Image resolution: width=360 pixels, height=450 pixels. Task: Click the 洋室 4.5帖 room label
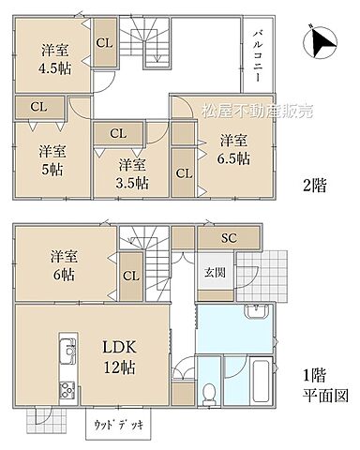pyautogui.click(x=54, y=58)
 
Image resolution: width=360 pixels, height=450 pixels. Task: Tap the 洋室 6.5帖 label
pyautogui.click(x=234, y=149)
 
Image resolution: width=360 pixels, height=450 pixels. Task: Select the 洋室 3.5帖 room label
pyautogui.click(x=134, y=172)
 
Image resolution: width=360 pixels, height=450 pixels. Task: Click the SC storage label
pyautogui.click(x=230, y=237)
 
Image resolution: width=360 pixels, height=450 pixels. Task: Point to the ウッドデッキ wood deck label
pyautogui.click(x=116, y=424)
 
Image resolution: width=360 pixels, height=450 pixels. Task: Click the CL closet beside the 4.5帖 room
pyautogui.click(x=105, y=44)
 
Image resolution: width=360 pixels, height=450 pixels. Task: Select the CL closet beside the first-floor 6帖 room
pyautogui.click(x=130, y=276)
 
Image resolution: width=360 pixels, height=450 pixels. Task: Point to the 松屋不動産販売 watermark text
pyautogui.click(x=247, y=111)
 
